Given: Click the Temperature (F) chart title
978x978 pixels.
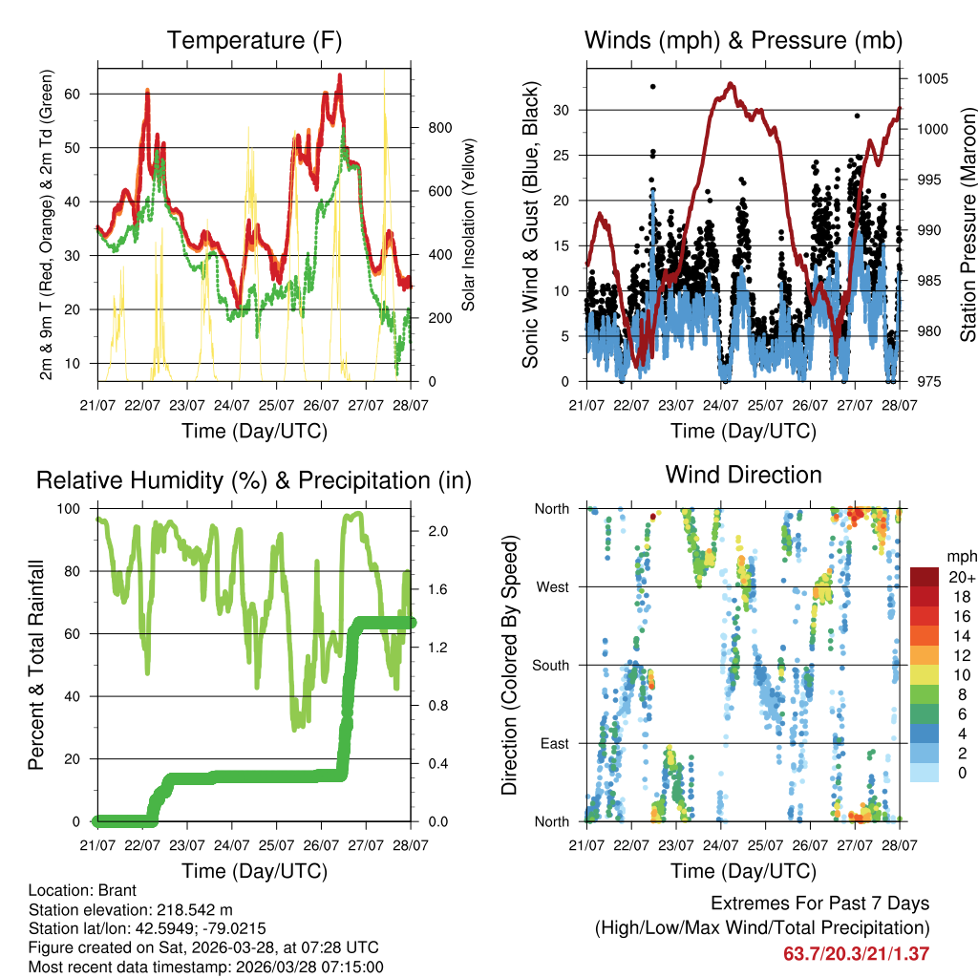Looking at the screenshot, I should coord(254,41).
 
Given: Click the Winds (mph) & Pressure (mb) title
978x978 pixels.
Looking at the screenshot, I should coord(743,41).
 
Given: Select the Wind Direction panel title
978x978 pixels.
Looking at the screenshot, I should coord(743,475).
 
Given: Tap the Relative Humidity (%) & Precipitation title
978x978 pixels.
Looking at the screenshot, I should coord(254,480).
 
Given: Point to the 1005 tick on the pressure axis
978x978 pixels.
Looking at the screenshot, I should coord(932,78).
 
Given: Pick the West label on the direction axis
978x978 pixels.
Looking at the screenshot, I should coord(553,587).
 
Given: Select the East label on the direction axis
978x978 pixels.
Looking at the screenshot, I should coord(554,744).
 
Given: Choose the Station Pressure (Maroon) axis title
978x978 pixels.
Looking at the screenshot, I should coord(967,223).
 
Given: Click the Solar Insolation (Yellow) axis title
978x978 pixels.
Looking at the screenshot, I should coord(468,223).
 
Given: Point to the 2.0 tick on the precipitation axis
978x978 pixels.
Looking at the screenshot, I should coord(434,531).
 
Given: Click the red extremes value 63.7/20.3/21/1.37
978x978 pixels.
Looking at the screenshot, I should coord(856,953).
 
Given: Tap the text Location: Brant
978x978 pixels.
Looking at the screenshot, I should coord(83,890).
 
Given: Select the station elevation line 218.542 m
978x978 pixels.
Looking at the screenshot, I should coord(131,909).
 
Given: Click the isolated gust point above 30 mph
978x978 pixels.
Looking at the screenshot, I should coord(653,87).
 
